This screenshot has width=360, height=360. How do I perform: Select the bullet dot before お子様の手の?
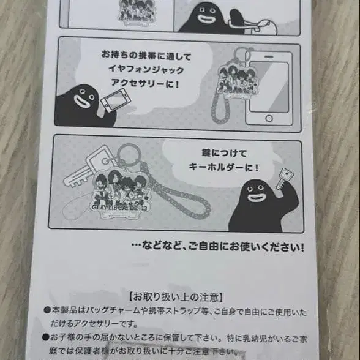pos(47,336)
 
